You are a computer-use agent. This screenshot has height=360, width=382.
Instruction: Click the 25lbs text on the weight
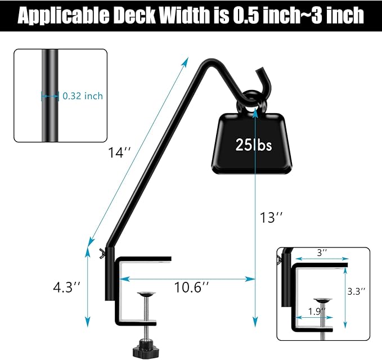point(253,145)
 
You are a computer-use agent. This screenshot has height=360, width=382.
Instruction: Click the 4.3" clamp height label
point(66,287)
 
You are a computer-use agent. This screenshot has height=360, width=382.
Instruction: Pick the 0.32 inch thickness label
point(83,96)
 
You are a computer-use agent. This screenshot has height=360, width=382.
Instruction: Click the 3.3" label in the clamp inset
point(356,291)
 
